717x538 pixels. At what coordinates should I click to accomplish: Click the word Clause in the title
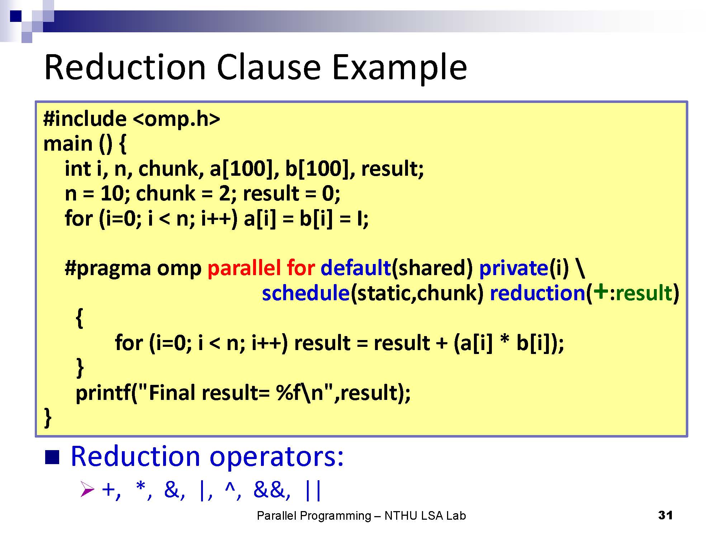click(269, 67)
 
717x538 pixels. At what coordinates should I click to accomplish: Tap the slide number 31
click(665, 515)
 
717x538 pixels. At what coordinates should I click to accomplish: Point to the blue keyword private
click(513, 268)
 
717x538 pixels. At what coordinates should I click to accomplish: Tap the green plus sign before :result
click(600, 292)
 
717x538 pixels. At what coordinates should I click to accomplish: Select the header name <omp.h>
click(176, 119)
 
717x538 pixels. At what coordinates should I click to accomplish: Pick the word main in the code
click(68, 144)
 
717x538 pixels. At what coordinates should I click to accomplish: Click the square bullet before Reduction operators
click(52, 457)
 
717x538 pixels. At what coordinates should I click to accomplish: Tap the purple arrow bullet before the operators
click(87, 489)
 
